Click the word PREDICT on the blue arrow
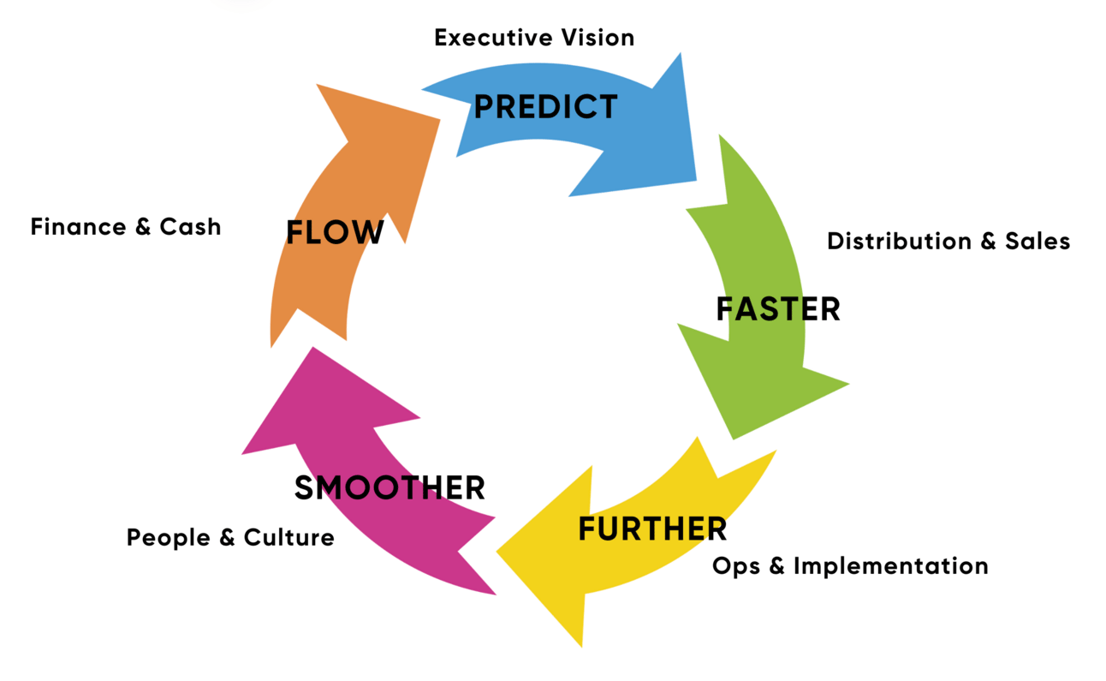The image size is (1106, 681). coord(545,107)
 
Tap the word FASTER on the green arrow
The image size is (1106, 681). coord(778,308)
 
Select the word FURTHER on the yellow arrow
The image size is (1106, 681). coord(652,529)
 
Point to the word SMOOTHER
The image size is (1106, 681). coord(389,487)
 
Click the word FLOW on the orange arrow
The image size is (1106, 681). coord(335,232)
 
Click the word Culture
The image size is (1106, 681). coord(289,538)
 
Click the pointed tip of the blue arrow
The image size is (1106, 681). coord(695,180)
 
